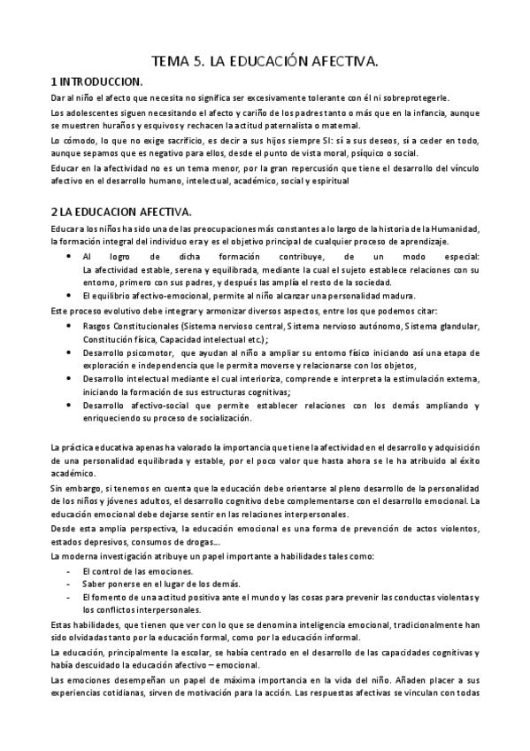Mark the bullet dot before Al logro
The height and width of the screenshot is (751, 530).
pos(72,255)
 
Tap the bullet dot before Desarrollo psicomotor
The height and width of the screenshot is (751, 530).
pos(72,352)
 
